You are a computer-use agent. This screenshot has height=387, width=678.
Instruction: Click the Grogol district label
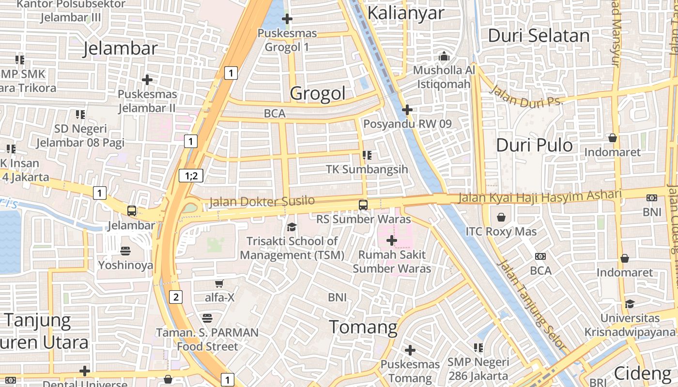318,93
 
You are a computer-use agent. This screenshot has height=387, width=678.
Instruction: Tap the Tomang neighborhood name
363,327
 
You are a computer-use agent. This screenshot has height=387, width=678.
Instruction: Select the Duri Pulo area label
534,145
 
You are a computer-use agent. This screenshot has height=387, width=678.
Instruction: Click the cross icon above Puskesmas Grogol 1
287,19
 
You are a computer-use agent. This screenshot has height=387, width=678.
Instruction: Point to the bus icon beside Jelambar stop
131,211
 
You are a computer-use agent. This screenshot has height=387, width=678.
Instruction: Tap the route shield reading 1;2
191,176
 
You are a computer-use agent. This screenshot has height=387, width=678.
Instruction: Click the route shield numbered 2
176,297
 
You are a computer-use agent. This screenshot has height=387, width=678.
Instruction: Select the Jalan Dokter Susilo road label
262,201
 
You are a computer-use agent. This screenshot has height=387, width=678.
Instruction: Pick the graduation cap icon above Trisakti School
292,227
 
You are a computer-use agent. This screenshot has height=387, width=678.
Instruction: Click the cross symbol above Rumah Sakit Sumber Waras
391,240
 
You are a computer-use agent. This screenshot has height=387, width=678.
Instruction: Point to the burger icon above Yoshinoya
125,251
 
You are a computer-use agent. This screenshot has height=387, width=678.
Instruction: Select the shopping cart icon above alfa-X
219,283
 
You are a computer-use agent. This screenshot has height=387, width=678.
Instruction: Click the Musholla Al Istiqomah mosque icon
444,57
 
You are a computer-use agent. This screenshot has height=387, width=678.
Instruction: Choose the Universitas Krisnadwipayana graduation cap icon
630,304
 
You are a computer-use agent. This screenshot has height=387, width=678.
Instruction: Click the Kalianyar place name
405,13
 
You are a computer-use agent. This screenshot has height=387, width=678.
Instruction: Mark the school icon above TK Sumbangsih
367,155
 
